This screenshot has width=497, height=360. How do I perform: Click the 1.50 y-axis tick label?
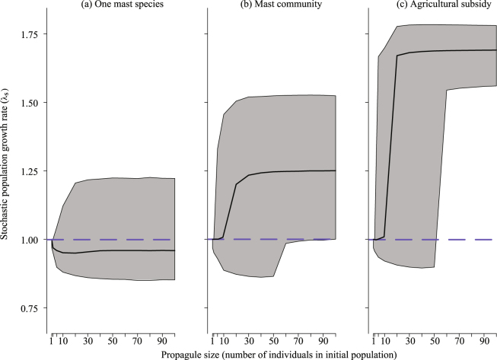coord(29,103)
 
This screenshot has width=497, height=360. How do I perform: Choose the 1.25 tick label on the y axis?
coord(29,171)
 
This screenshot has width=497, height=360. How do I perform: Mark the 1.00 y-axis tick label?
coord(29,240)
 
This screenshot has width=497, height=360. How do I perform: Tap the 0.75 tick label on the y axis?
coord(29,308)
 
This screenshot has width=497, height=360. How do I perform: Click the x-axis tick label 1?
coord(52,341)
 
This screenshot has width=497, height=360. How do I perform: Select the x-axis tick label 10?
coord(64,341)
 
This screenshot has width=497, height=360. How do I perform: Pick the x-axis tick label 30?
coord(88,341)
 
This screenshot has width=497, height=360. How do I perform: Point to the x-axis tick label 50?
coord(113,341)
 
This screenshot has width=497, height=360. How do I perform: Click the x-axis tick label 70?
coord(138,341)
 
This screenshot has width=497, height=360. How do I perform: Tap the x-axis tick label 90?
coord(163,341)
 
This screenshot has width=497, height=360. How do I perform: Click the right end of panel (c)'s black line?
coord(496,50)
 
